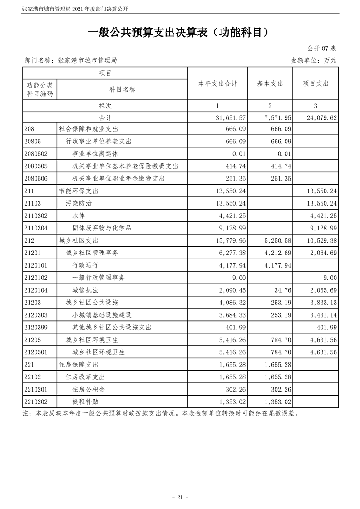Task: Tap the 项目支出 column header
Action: click(316, 84)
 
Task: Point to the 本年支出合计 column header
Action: click(217, 84)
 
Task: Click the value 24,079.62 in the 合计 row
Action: click(321, 118)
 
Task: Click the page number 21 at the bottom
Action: click(180, 497)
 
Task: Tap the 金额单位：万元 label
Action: click(313, 60)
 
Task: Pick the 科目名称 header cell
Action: click(122, 89)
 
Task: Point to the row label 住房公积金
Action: click(88, 389)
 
